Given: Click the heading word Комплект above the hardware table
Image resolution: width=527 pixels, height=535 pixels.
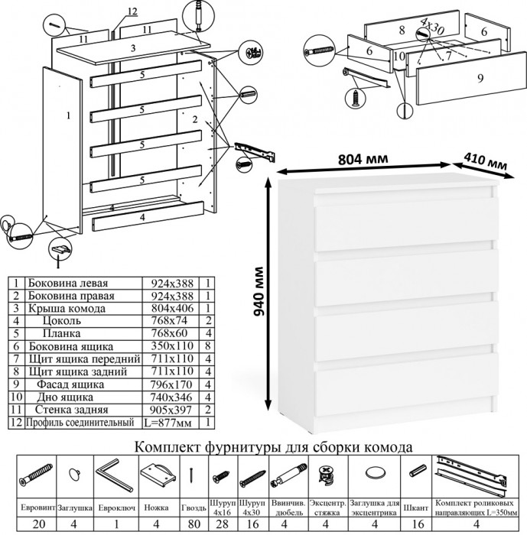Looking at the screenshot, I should click(x=171, y=446).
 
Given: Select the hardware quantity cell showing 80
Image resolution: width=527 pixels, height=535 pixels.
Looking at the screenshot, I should click(x=195, y=524).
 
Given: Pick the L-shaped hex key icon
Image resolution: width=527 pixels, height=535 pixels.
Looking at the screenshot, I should click(x=113, y=474).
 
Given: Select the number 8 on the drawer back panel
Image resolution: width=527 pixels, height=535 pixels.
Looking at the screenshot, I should click(x=401, y=31).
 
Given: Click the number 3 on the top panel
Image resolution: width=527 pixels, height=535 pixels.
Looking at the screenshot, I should click(x=133, y=48).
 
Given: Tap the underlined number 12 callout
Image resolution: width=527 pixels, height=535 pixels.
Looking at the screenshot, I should click(x=132, y=11).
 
